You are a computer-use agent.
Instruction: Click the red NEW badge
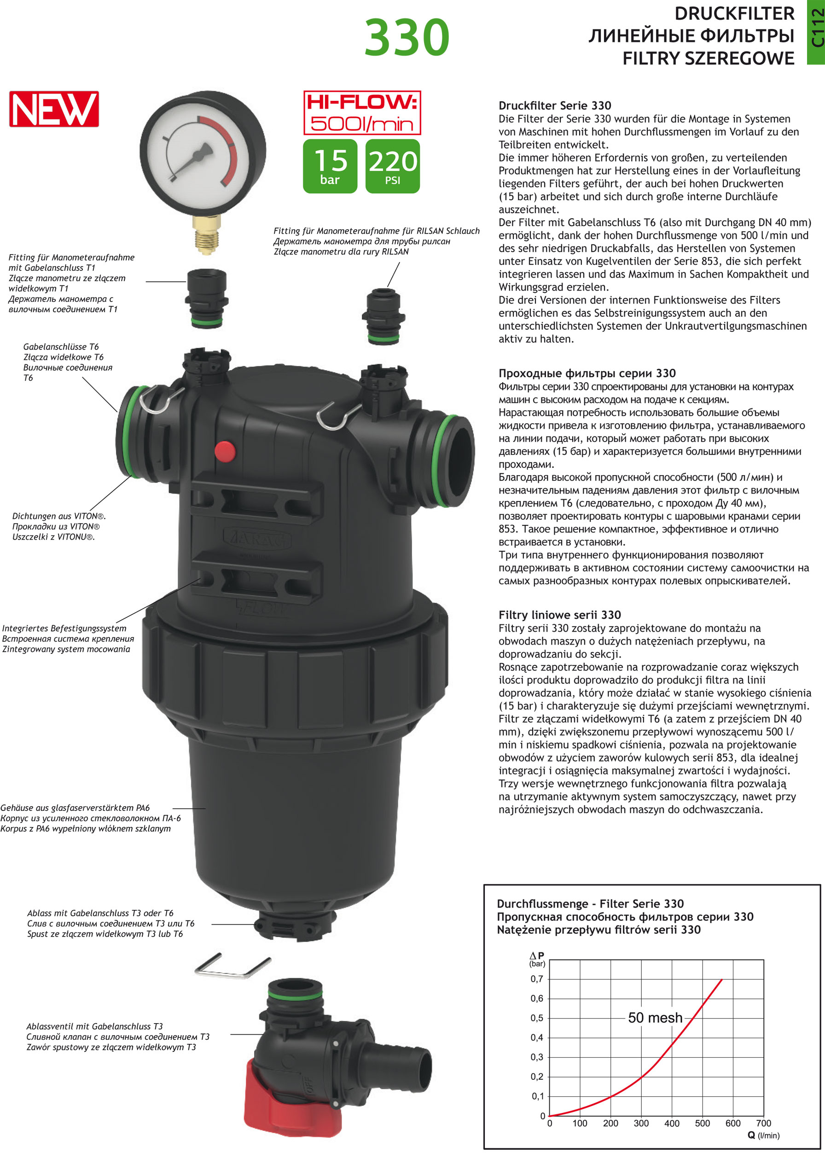[x=54, y=109]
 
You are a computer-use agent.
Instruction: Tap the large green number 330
[x=407, y=37]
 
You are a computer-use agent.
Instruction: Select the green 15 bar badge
[x=330, y=166]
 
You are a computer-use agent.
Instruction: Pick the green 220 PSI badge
[x=393, y=166]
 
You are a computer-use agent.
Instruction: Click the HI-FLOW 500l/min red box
[x=362, y=113]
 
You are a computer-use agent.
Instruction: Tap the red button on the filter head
[x=225, y=451]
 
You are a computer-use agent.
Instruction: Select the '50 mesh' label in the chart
[x=655, y=1017]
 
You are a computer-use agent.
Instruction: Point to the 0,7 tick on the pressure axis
[x=536, y=978]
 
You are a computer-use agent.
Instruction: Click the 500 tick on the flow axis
[x=702, y=1123]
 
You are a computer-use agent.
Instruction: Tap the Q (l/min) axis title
[x=763, y=1135]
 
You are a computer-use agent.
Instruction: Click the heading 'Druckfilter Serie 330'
[x=555, y=106]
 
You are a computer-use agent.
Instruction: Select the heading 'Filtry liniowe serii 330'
[x=559, y=615]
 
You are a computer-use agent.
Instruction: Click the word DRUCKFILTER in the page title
[x=734, y=14]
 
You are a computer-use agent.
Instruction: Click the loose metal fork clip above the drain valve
[x=232, y=965]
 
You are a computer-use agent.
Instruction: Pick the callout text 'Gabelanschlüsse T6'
[x=61, y=347]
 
